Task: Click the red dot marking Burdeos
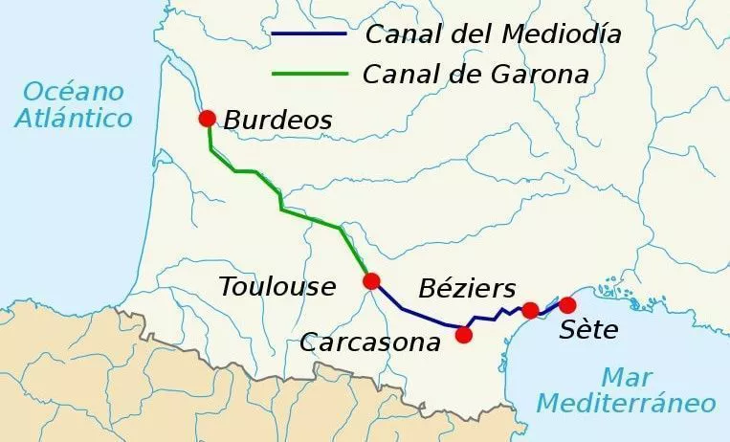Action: [x=207, y=119]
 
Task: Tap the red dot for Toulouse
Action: [x=371, y=281]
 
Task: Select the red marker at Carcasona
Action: [x=464, y=335]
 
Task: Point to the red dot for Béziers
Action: [x=530, y=310]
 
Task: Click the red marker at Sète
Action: [x=567, y=305]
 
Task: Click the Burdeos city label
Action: [x=278, y=121]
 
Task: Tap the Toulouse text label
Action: [x=277, y=286]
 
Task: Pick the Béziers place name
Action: [x=467, y=288]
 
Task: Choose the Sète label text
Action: [x=589, y=331]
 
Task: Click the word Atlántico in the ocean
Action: [x=74, y=119]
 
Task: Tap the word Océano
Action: [x=74, y=92]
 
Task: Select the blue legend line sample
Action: [x=308, y=35]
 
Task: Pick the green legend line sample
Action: [x=308, y=74]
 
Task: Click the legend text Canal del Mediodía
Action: [x=493, y=35]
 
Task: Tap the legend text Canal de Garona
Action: [x=476, y=74]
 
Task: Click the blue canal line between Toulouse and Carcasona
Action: [x=411, y=312]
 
